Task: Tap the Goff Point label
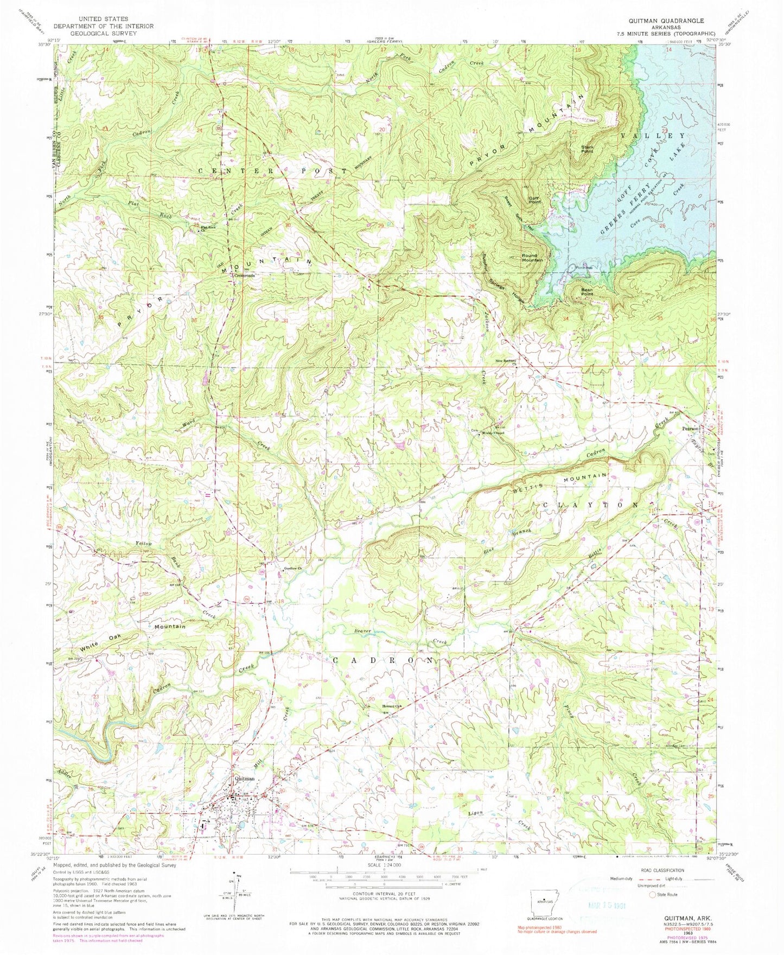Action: [x=536, y=200]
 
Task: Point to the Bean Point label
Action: [x=587, y=291]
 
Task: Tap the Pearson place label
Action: [x=691, y=428]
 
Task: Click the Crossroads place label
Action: [x=245, y=275]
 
